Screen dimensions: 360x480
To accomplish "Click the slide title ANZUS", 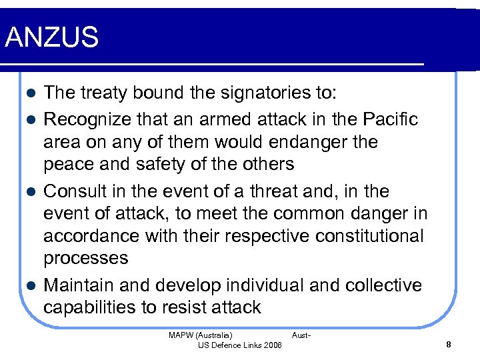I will pyautogui.click(x=51, y=37).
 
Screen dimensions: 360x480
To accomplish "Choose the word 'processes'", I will pyautogui.click(x=86, y=259).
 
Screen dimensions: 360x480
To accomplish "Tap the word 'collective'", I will pyautogui.click(x=383, y=285).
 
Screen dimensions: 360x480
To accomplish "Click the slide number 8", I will pyautogui.click(x=449, y=344).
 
